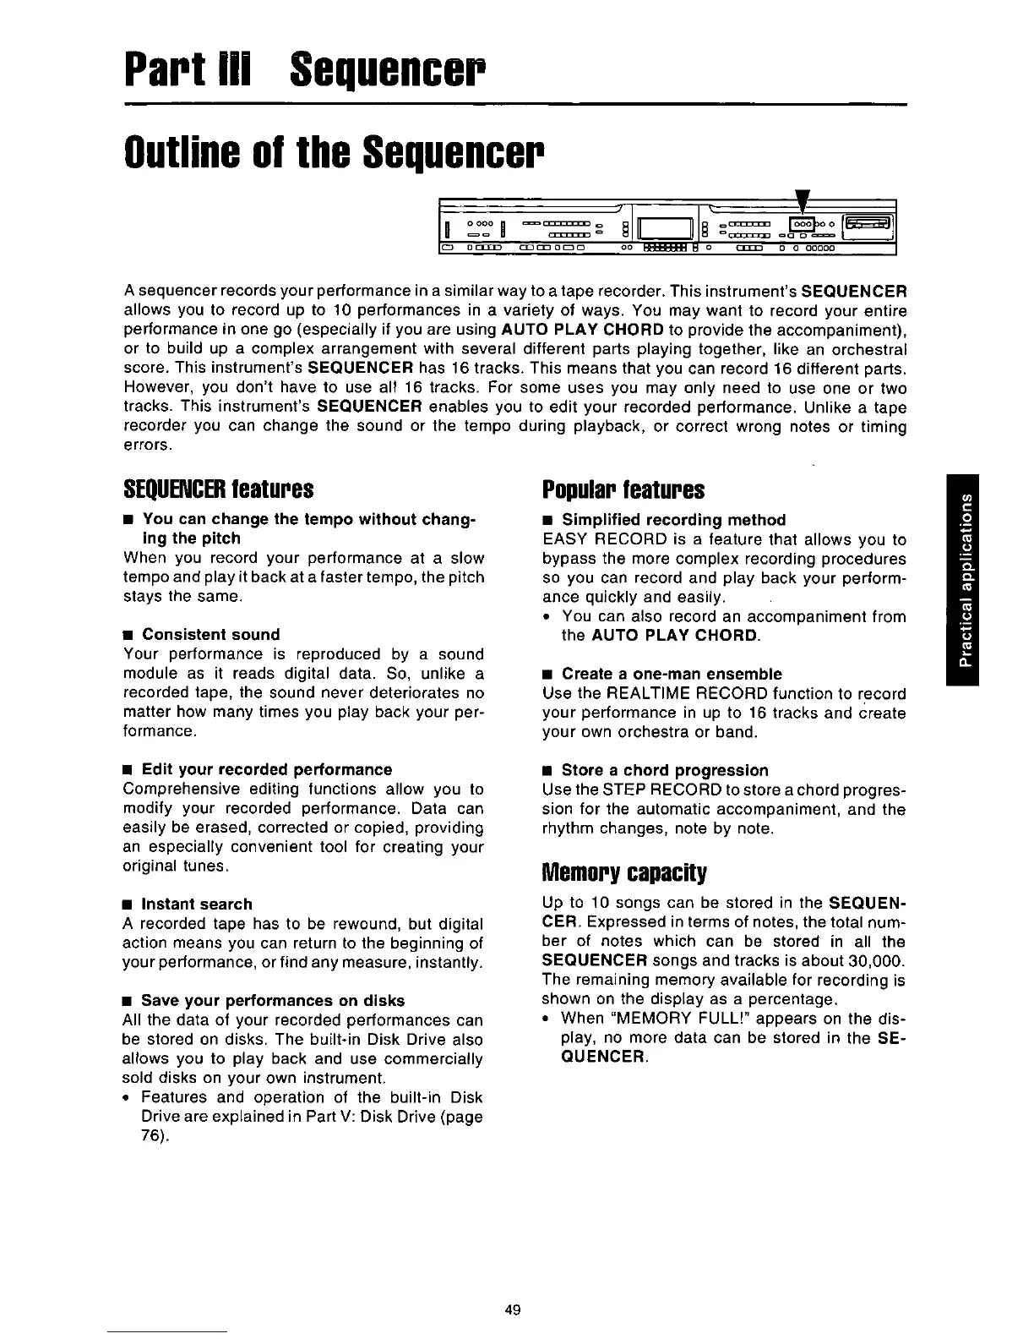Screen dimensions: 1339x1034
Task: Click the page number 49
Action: point(511,1310)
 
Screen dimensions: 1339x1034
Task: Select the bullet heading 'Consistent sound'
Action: point(210,634)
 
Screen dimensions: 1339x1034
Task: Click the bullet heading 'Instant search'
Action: point(196,904)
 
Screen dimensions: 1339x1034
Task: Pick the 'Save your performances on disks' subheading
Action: point(272,1000)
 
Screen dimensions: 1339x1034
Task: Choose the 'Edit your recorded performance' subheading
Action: point(266,769)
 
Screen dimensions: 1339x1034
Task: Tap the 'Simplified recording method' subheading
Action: point(673,519)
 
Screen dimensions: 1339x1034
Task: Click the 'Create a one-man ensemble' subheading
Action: point(672,674)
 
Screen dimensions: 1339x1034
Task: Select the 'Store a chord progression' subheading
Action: point(665,770)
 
